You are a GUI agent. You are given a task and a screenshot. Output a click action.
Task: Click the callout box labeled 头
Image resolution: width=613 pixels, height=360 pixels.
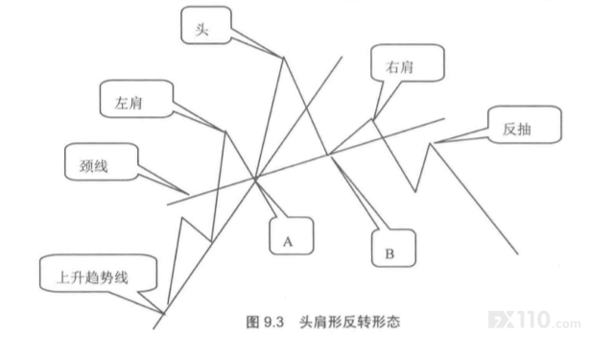pyautogui.click(x=206, y=25)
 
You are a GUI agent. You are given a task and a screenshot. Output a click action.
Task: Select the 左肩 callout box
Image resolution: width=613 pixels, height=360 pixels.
pyautogui.click(x=136, y=99)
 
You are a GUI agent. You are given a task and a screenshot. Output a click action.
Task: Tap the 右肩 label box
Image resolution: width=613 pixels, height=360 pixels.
pyautogui.click(x=408, y=63)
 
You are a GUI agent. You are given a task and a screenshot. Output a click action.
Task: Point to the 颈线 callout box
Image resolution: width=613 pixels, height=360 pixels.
pyautogui.click(x=102, y=161)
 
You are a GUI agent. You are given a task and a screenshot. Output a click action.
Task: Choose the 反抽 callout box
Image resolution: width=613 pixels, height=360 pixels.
pyautogui.click(x=525, y=125)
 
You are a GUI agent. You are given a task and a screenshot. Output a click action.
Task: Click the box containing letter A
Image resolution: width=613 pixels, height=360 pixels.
pyautogui.click(x=292, y=236)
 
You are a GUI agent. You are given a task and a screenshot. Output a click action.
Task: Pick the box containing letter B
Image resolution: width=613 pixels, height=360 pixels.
pyautogui.click(x=393, y=248)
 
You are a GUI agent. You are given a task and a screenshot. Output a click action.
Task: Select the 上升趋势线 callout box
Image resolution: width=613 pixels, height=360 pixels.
pyautogui.click(x=99, y=274)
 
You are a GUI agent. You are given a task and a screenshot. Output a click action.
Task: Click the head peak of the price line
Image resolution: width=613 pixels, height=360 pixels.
pyautogui.click(x=284, y=58)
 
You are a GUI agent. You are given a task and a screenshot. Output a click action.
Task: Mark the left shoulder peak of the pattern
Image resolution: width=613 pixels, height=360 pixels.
pyautogui.click(x=225, y=132)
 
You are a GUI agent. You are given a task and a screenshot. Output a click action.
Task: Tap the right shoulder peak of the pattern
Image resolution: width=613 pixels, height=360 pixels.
pyautogui.click(x=372, y=119)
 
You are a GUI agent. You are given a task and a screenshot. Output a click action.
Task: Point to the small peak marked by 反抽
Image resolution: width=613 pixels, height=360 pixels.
pyautogui.click(x=430, y=144)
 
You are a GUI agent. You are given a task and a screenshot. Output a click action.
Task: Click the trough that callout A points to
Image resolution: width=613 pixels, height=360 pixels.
pyautogui.click(x=255, y=180)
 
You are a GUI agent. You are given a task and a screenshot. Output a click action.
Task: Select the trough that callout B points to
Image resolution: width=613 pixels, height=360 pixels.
pyautogui.click(x=328, y=155)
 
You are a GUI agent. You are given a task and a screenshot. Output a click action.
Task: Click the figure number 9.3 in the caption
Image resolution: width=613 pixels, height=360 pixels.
pyautogui.click(x=272, y=323)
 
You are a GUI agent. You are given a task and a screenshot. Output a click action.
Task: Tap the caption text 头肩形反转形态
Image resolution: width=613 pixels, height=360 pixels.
pyautogui.click(x=350, y=322)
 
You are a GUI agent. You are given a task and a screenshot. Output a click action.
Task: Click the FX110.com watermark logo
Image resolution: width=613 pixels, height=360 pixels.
pyautogui.click(x=534, y=320)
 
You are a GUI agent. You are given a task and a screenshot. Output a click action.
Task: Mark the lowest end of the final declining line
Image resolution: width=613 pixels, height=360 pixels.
pyautogui.click(x=518, y=254)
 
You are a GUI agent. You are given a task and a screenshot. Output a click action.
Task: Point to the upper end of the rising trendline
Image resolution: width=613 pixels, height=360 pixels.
pyautogui.click(x=342, y=57)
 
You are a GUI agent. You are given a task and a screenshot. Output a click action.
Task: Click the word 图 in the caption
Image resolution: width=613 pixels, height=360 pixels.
pyautogui.click(x=252, y=322)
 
